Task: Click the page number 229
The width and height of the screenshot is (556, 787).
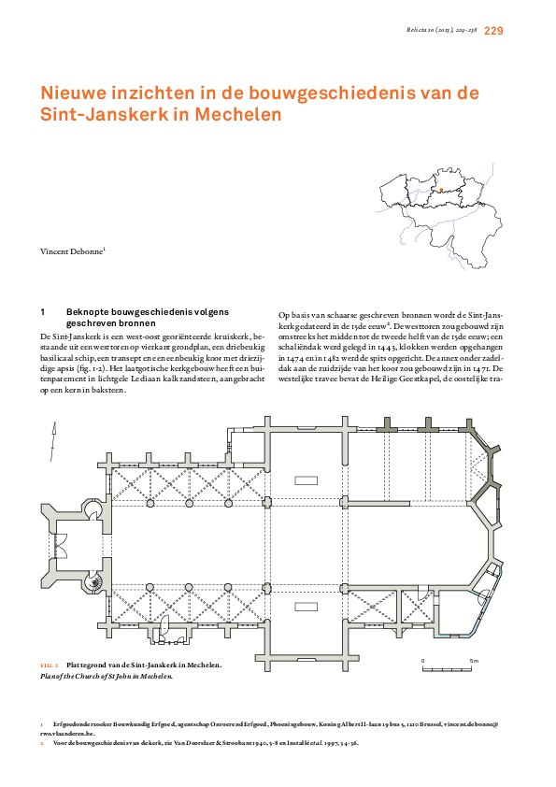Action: click(x=494, y=31)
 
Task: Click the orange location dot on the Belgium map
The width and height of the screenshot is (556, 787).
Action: click(x=440, y=190)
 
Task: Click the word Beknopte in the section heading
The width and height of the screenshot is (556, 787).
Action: click(x=88, y=311)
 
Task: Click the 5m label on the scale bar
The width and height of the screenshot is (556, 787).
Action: click(x=473, y=661)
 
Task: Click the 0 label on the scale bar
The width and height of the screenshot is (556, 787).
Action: click(x=422, y=661)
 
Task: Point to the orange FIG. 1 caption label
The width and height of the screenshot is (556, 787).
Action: click(x=50, y=665)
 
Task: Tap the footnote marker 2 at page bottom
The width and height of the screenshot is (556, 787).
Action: click(x=42, y=743)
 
